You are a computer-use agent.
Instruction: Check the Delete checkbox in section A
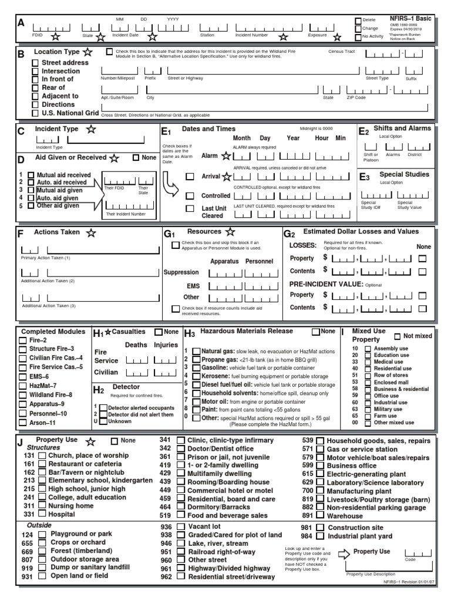pyautogui.click(x=358, y=21)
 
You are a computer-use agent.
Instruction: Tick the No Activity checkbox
pyautogui.click(x=358, y=36)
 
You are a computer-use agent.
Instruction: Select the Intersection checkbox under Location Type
pyautogui.click(x=36, y=71)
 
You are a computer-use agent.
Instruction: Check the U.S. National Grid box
pyautogui.click(x=36, y=112)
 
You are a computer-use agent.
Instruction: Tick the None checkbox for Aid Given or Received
pyautogui.click(x=136, y=157)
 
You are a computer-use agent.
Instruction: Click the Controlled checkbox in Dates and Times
pyautogui.click(x=190, y=195)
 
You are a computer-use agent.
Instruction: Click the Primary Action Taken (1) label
pyautogui.click(x=45, y=258)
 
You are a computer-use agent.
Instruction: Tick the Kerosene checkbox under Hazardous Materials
pyautogui.click(x=196, y=375)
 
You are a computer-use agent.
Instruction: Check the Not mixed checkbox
pyautogui.click(x=398, y=336)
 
